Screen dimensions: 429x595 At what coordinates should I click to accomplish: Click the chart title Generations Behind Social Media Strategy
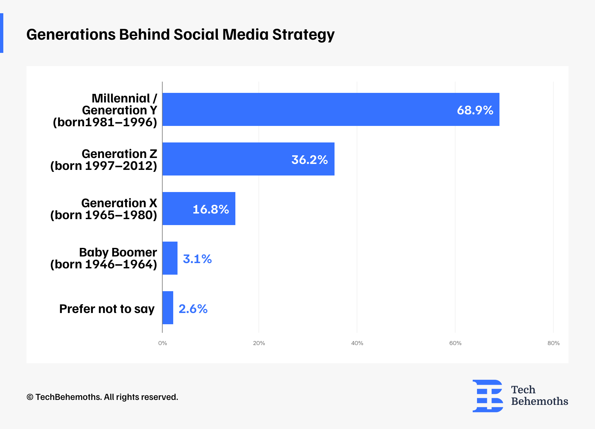click(x=180, y=34)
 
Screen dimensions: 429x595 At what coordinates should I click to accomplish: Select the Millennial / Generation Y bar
click(x=331, y=109)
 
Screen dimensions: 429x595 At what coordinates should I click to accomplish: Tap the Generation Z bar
click(x=248, y=159)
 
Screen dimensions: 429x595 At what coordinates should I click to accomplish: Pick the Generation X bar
click(x=199, y=209)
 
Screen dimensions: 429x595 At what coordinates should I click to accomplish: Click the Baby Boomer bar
click(x=170, y=258)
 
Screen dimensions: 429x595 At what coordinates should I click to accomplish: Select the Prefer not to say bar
click(x=168, y=308)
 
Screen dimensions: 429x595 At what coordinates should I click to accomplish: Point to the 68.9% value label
click(x=475, y=110)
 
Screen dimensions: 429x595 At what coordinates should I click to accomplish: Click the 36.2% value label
click(x=309, y=160)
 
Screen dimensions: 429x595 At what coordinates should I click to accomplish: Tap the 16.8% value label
click(x=211, y=209)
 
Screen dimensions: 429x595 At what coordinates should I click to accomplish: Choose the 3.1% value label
click(x=197, y=259)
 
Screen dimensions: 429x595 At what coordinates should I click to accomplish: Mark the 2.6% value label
click(x=193, y=309)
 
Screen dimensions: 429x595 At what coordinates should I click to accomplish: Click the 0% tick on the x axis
click(x=162, y=343)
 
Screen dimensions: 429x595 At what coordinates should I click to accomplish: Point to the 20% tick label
click(x=259, y=343)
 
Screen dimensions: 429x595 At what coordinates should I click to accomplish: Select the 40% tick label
click(x=357, y=343)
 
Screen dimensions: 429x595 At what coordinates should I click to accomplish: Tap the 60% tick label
click(x=455, y=343)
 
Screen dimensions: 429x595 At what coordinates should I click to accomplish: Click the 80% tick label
click(x=553, y=343)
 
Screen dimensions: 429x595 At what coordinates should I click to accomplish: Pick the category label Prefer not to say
click(x=107, y=309)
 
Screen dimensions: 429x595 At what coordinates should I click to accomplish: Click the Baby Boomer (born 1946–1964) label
click(x=103, y=258)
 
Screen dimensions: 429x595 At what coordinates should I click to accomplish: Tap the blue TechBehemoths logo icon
click(x=488, y=396)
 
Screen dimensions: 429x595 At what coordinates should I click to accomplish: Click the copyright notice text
click(x=102, y=397)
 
